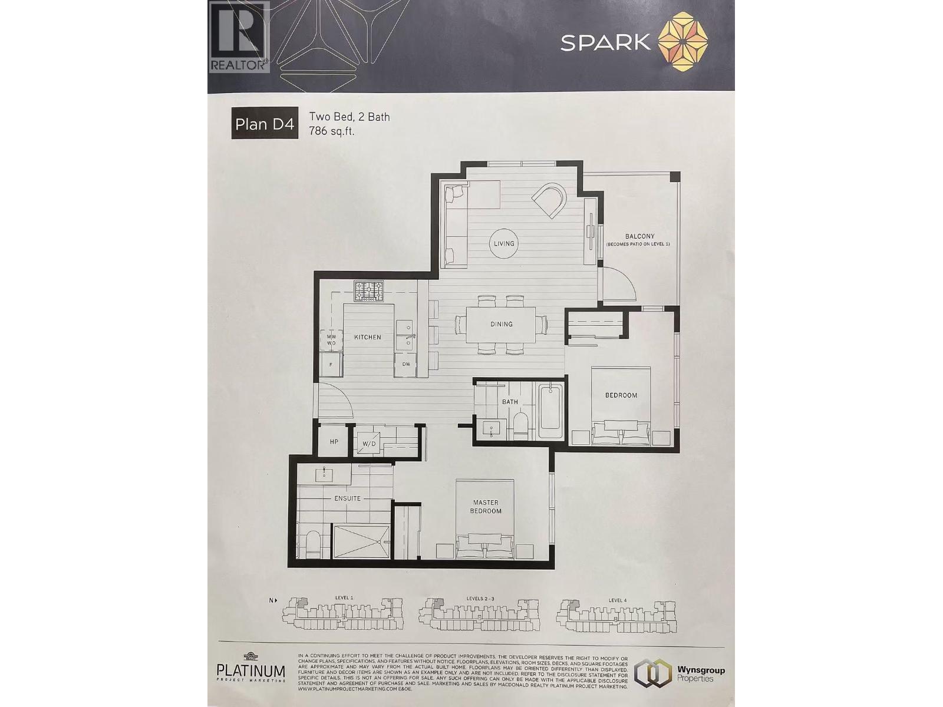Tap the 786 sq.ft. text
332,131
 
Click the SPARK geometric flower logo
682,42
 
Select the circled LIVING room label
504,243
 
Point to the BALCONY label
639,236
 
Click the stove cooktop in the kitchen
369,291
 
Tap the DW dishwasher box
406,364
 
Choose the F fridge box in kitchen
331,364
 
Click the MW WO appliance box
331,339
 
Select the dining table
501,324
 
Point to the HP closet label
334,441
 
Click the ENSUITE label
347,498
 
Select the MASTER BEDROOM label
486,507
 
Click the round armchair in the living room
550,201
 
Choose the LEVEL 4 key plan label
618,600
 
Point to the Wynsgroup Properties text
701,674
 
